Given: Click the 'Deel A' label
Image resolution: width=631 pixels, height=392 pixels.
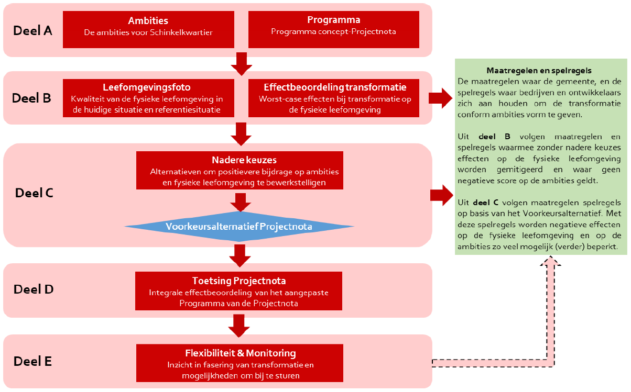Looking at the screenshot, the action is pos(32,30).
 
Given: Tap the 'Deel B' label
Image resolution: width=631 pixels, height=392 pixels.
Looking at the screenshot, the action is pos(31,98).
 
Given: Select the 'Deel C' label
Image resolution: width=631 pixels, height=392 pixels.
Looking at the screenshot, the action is pos(34,193).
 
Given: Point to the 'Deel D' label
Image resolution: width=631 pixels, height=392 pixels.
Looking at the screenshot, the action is pos(34,289).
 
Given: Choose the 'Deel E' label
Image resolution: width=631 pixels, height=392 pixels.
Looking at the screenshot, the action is pos(32,361).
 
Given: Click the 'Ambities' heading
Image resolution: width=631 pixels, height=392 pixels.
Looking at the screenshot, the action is pos(148,20).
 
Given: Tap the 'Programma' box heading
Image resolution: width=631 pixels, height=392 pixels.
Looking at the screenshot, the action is pos(333,20).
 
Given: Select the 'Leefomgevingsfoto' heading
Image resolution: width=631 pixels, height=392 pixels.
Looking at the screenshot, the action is pos(147,87).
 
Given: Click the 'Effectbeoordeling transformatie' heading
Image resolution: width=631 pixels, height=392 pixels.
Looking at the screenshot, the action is pos(335,87).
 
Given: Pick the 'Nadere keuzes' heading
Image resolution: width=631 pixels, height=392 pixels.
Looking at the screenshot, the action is pos(244,160).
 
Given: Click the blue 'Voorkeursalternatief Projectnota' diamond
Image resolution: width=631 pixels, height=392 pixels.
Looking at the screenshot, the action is pos(239,226).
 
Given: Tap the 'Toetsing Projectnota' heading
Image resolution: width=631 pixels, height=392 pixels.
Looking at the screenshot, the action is pos(239,281).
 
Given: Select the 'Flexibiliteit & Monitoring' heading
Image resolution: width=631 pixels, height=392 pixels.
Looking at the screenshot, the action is pos(241,353).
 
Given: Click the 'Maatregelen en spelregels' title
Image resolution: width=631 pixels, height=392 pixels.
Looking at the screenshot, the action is pos(539,70).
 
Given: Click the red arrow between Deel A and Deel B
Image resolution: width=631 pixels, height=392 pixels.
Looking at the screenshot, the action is pos(242,64).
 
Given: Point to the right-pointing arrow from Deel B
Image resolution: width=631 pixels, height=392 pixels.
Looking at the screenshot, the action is pos(441,98).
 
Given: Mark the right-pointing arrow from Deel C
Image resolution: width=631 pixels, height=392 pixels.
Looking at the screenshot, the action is pos(442,195).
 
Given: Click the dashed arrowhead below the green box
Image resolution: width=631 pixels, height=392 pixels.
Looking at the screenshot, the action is pos(550,261).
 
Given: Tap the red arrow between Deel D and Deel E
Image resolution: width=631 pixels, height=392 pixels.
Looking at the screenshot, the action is pos(239,326).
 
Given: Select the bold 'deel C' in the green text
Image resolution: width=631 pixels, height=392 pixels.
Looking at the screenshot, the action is pos(486,203).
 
